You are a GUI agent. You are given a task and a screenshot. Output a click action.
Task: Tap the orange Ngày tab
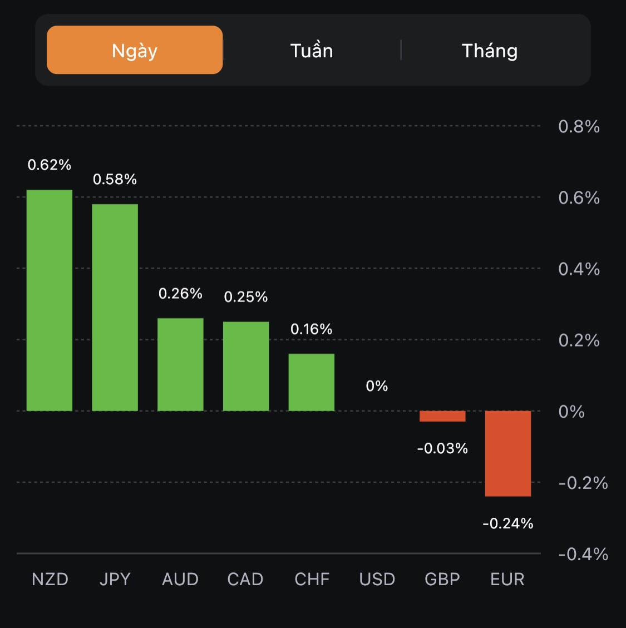coord(135,50)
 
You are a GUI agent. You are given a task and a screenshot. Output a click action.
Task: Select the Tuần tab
coord(312,51)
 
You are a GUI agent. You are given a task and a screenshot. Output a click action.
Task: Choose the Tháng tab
coord(490,51)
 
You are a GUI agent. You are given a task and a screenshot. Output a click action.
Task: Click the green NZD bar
coord(50,300)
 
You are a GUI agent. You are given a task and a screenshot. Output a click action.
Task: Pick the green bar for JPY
coord(115,308)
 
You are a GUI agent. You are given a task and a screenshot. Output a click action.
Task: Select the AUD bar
coord(180,364)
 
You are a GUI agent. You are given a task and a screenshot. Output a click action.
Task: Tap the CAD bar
coord(246,366)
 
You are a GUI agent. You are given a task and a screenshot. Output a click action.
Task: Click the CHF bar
coord(312,382)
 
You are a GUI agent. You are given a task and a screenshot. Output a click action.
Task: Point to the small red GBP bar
coord(442,416)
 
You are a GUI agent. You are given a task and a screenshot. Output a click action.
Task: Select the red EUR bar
coord(508,453)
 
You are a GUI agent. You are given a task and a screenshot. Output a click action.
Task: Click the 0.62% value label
coord(50,165)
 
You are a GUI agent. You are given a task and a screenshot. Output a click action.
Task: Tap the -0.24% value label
coord(508,523)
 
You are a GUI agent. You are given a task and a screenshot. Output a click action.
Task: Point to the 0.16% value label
coord(312,329)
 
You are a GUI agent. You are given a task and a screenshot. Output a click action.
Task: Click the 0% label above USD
coord(377,386)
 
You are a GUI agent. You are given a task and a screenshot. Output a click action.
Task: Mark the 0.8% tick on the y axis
coord(579,127)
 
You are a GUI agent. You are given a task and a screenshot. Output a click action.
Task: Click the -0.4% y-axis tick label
coord(583,554)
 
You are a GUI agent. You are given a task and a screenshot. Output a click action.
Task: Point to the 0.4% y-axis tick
coord(579,269)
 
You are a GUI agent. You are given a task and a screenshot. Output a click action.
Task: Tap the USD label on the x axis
coord(377,579)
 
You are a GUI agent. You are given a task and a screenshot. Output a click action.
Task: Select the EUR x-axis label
coord(507,579)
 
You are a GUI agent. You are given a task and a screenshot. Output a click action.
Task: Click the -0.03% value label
coord(442,448)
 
